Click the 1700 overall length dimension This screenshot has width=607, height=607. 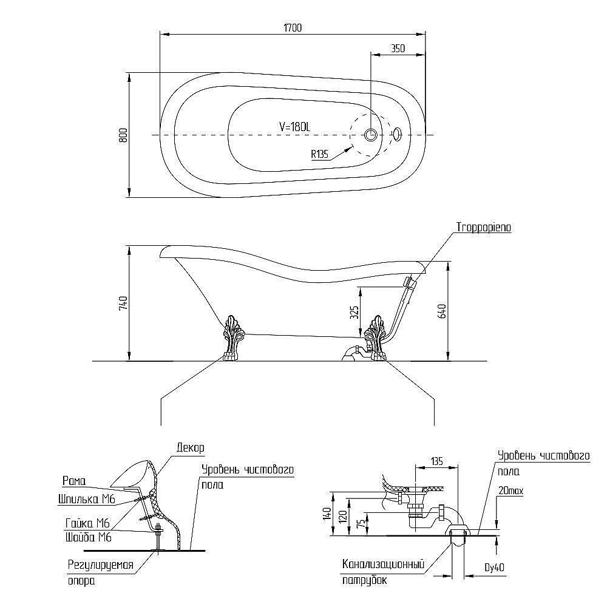point(292,27)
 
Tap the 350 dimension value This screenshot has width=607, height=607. point(398,49)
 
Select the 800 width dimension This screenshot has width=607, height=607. point(123,135)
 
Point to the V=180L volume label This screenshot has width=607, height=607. point(294,126)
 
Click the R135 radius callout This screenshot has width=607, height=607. point(319,154)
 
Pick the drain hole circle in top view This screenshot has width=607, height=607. point(370,134)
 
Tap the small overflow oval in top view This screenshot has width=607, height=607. point(397,134)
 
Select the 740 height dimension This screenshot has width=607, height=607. point(123,303)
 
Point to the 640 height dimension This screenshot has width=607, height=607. point(442,311)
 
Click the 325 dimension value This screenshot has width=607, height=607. point(354,312)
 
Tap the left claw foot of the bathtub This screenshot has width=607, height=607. point(231,337)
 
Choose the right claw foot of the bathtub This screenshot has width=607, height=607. point(376,337)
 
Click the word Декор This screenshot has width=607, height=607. point(190,447)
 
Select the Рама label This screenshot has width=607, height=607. point(75,481)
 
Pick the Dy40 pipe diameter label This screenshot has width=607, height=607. point(495,568)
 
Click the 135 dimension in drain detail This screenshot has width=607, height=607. point(435,461)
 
